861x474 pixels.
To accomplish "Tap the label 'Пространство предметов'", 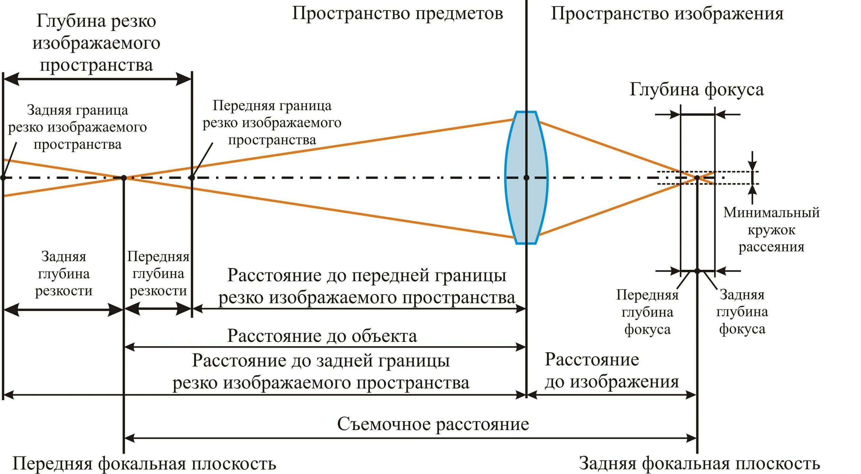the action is click(397, 14).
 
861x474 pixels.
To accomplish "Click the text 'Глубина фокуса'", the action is click(697, 90).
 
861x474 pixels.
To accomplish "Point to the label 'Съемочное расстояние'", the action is click(433, 424).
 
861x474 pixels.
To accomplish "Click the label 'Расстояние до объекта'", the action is click(322, 336).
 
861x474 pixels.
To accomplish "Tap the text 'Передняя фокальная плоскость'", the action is click(144, 464).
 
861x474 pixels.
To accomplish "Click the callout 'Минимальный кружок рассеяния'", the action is click(771, 230).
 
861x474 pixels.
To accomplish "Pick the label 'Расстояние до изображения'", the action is click(612, 371).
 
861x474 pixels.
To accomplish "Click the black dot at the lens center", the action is click(526, 178).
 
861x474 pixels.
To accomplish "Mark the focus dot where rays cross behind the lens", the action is click(697, 178).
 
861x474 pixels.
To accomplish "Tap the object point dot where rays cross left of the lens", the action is click(124, 178).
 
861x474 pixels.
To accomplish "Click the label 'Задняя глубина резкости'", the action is click(63, 274).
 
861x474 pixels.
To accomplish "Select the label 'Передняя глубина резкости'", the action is click(158, 274).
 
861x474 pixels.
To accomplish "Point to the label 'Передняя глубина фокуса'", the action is click(647, 312).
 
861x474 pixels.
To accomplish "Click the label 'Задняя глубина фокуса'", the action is click(742, 312).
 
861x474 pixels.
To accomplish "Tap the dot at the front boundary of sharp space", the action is click(191, 178).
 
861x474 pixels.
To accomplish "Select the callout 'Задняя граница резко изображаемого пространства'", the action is click(77, 127).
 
